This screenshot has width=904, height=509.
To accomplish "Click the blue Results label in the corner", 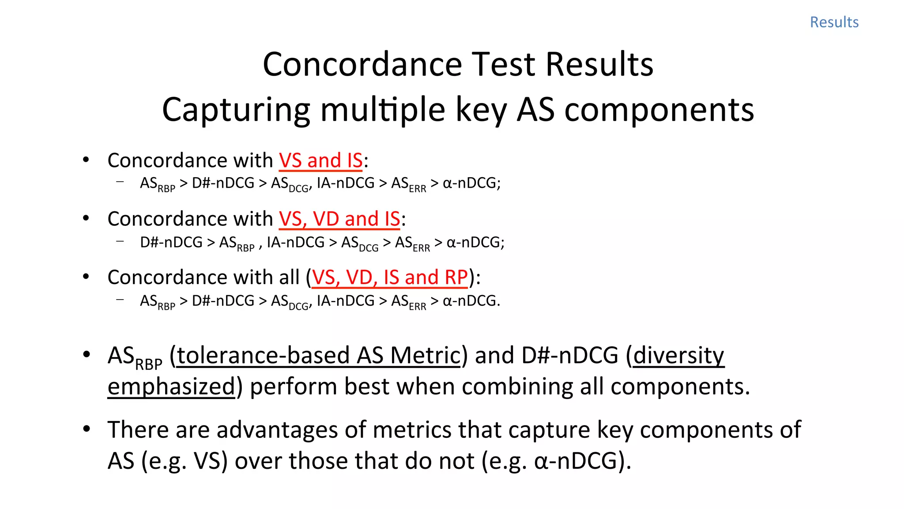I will click(834, 22).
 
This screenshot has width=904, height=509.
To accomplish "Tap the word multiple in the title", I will click(383, 110).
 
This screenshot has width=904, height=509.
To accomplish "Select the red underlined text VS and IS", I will click(320, 160).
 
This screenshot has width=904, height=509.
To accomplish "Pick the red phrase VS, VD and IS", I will click(339, 219).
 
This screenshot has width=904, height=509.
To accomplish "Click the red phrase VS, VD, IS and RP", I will click(389, 277).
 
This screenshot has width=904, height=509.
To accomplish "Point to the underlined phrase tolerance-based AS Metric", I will click(318, 356).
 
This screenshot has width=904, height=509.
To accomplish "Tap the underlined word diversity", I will click(678, 356).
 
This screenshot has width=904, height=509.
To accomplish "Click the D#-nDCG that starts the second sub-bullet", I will click(171, 243).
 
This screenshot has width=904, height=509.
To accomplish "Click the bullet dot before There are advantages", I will click(87, 429).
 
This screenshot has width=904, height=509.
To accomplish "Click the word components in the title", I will click(659, 110).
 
